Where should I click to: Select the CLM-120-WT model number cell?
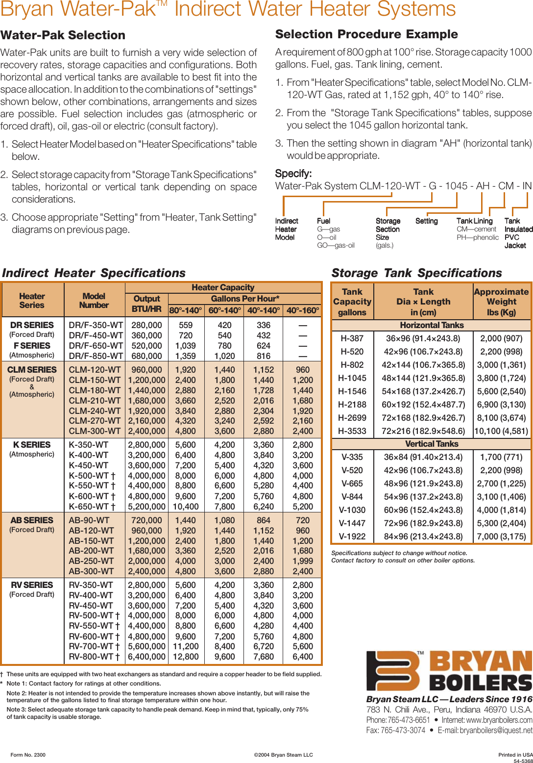[x=95, y=370]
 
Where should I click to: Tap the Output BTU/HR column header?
[x=146, y=304]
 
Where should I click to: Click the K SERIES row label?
[x=32, y=445]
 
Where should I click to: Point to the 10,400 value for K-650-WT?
[x=186, y=507]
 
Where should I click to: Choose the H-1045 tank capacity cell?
[x=352, y=378]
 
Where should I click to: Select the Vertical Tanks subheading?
[x=432, y=444]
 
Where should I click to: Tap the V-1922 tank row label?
[x=352, y=536]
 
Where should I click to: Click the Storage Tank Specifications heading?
[x=416, y=273]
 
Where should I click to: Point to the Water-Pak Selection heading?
[x=63, y=35]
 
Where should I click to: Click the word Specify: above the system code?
[x=293, y=174]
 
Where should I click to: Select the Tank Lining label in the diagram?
[x=474, y=221]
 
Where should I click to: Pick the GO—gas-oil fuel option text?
[x=336, y=245]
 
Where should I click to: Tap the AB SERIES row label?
[x=32, y=520]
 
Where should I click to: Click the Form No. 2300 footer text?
[x=28, y=755]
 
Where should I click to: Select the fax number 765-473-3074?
[x=396, y=730]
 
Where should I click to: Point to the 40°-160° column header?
[x=303, y=310]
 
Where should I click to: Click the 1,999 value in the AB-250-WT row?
[x=303, y=561]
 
